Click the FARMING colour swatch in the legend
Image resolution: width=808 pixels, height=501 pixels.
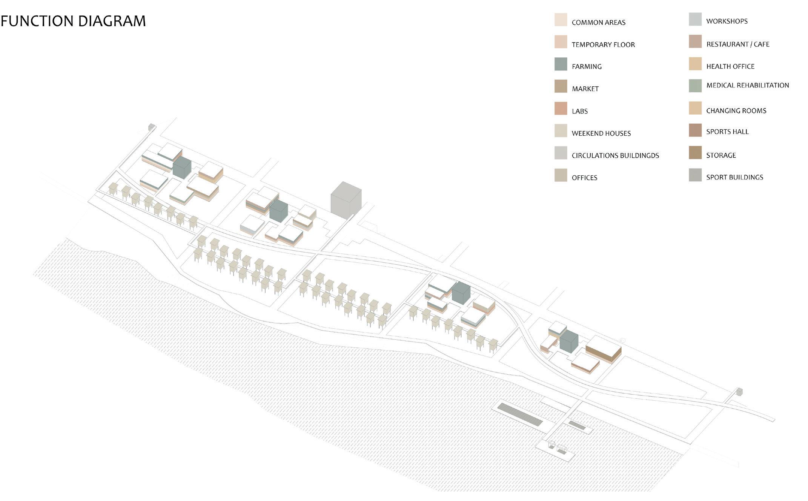click(561, 64)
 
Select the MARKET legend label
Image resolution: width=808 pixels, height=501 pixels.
click(585, 89)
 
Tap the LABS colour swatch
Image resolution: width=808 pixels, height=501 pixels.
click(561, 109)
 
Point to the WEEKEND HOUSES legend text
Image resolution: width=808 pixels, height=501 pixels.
click(601, 133)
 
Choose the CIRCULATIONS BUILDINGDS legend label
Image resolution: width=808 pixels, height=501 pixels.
click(615, 156)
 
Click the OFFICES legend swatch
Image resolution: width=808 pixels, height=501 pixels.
click(561, 175)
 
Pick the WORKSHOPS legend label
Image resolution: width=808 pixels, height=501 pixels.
click(727, 21)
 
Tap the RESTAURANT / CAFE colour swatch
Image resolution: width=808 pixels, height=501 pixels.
click(695, 41)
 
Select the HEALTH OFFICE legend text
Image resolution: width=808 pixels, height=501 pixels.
click(730, 67)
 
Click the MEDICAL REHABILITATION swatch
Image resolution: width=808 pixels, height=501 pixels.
click(695, 86)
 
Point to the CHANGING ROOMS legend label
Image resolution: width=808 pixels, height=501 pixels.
click(736, 111)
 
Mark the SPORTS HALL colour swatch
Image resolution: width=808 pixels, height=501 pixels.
click(695, 130)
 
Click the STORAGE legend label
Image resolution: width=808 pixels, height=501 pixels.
click(721, 155)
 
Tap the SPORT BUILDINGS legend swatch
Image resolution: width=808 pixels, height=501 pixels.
click(695, 175)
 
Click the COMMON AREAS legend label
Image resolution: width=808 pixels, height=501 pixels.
click(598, 23)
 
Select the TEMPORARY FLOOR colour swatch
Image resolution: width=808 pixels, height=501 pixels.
click(561, 42)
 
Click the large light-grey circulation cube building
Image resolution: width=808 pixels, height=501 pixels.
click(346, 201)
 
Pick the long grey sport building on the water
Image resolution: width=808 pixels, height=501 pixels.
click(520, 414)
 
